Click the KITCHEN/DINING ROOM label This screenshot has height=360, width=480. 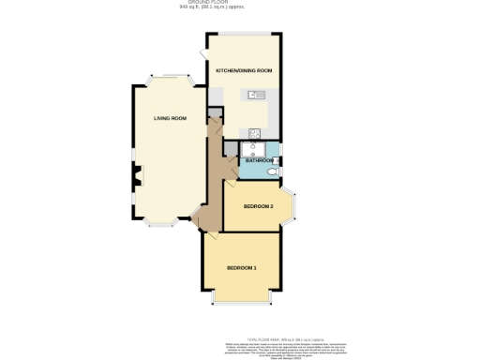244,71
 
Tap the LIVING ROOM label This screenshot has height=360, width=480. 171,118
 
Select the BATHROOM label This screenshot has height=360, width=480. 259,161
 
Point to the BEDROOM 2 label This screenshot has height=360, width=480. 258,205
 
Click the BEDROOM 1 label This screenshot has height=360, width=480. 241,268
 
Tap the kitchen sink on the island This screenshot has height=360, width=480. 257,95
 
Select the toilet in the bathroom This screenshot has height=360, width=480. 273,172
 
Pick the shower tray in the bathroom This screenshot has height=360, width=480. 252,150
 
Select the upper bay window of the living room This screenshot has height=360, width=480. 170,79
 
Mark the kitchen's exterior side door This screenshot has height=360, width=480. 204,55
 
